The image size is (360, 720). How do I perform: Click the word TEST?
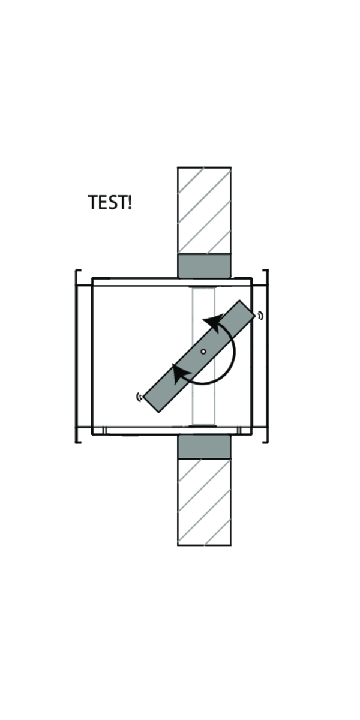pos(109,202)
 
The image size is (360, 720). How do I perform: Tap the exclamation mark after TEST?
pos(129,202)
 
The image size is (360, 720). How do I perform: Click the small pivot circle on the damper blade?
pos(203,352)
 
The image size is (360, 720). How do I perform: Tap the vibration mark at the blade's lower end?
pos(139,397)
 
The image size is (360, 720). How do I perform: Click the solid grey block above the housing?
pos(204,266)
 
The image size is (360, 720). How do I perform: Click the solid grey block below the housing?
pos(204,447)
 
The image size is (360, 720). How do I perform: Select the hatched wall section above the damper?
pos(204,210)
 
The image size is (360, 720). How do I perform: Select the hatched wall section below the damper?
pos(204,502)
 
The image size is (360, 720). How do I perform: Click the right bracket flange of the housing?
pos(266,356)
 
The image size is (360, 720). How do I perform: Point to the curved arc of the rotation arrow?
pos(232,360)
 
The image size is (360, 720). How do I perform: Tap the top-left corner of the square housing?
pos(92,279)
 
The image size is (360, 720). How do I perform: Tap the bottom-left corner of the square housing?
pos(92,433)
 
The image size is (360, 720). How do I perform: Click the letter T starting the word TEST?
pos(92,202)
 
